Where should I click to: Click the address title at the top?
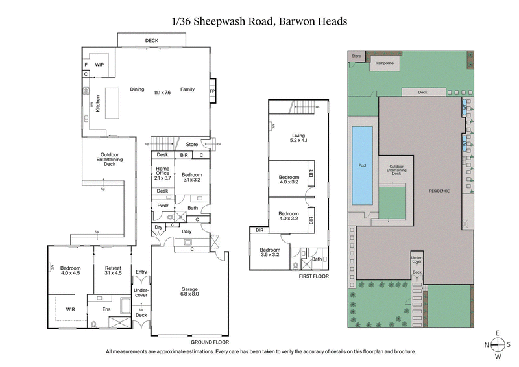[259, 21]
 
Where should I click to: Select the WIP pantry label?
[100, 65]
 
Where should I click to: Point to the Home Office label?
[162, 172]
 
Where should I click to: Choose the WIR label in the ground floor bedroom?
[71, 309]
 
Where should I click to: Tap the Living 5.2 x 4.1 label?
[298, 138]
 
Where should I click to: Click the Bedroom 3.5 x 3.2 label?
[270, 252]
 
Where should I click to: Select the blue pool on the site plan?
[362, 165]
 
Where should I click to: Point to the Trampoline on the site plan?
[383, 64]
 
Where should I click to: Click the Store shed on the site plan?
[356, 56]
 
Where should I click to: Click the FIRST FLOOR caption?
[313, 276]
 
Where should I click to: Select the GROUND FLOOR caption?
[211, 342]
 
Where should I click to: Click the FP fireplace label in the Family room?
[212, 91]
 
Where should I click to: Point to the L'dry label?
[186, 231]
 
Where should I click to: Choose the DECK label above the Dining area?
[152, 41]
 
